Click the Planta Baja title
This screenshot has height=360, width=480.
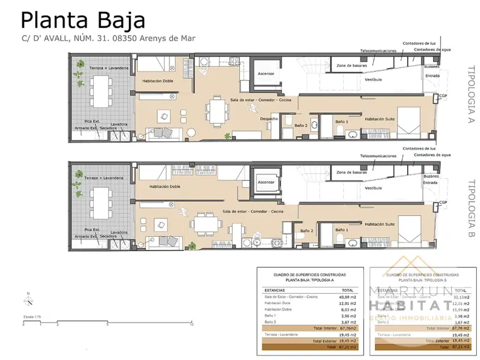click(83, 21)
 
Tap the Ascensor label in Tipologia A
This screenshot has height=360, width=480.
click(266, 74)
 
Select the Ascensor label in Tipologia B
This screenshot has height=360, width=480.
click(266, 182)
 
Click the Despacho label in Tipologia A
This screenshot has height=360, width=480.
click(269, 119)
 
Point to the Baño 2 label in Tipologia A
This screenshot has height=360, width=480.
click(300, 126)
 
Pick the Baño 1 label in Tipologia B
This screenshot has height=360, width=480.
click(342, 230)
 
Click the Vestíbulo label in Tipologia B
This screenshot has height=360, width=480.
click(373, 188)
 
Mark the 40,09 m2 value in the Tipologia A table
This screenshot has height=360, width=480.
click(347, 297)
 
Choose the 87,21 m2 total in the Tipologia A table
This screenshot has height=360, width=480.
click(347, 347)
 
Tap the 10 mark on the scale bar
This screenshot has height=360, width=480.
click(192, 324)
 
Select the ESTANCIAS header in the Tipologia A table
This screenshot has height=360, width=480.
click(274, 290)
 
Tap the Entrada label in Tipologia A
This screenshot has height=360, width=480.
click(433, 75)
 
